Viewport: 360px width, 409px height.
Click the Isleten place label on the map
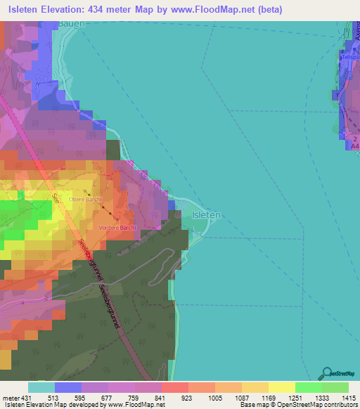coord(207,215)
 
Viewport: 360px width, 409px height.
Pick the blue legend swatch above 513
coord(67,387)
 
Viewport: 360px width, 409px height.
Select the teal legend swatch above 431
coord(41,387)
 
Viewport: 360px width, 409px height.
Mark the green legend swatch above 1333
coord(309,387)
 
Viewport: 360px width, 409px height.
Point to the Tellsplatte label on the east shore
coord(352,60)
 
